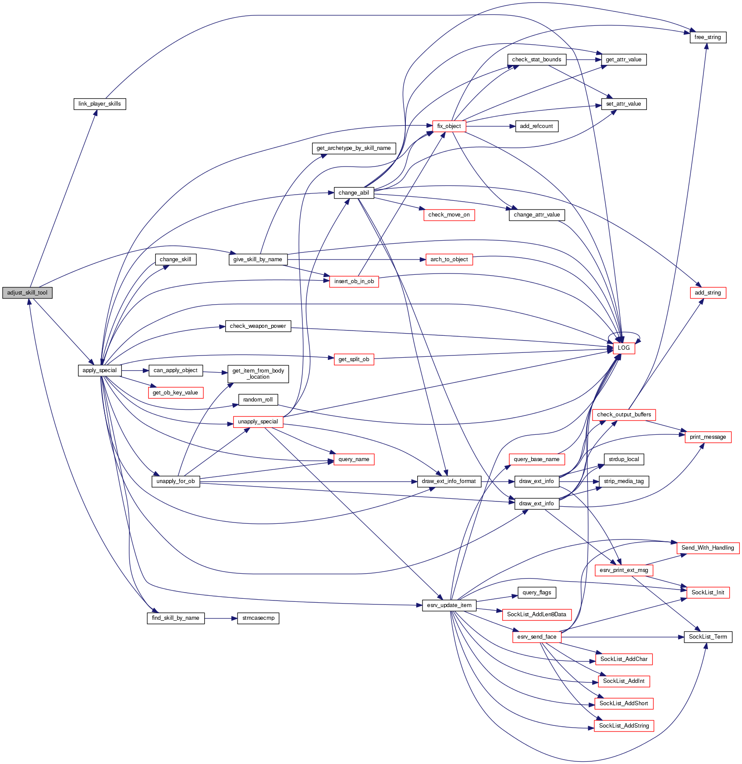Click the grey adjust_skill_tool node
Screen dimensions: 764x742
27,293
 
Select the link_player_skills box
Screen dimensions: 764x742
99,104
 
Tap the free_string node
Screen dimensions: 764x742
708,37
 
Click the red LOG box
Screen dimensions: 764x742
624,348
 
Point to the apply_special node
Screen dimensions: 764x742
99,370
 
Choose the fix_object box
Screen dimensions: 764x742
449,126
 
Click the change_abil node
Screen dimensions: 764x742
354,193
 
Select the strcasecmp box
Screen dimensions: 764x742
258,618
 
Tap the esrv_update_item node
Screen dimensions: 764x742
449,605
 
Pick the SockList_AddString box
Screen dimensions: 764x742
624,726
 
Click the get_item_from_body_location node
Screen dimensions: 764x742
258,374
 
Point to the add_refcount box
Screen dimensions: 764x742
536,126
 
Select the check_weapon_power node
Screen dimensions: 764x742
258,326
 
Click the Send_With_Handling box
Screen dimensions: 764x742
707,548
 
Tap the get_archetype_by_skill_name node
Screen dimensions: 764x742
354,148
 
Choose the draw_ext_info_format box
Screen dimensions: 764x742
449,481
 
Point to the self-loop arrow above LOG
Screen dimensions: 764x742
624,333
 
